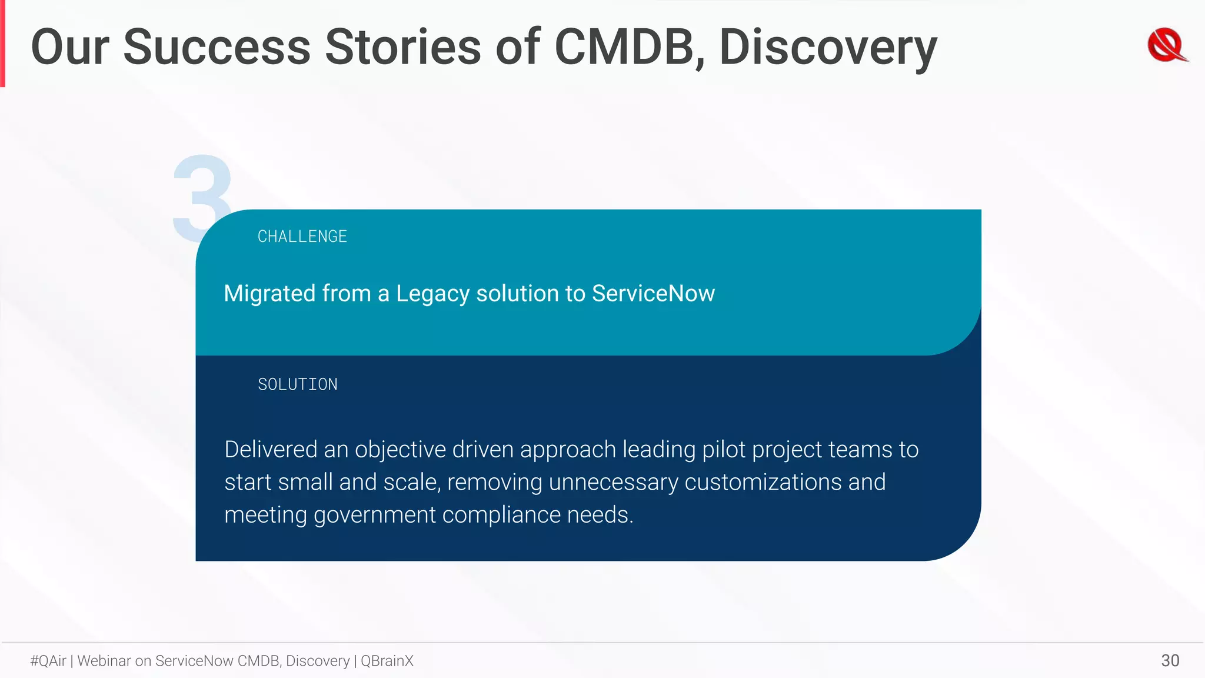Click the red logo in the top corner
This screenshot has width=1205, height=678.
(x=1167, y=45)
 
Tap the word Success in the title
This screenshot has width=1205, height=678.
(x=217, y=47)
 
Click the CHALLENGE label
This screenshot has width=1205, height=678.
(x=302, y=237)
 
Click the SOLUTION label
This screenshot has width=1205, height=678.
(x=298, y=385)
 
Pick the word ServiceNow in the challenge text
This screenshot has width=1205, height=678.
(x=653, y=293)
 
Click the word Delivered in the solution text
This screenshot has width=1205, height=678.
(x=271, y=450)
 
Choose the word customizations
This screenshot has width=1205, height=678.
(x=763, y=483)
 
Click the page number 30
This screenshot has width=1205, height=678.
(x=1170, y=660)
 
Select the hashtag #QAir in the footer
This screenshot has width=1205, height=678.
(x=48, y=661)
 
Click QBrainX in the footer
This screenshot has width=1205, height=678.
(x=387, y=661)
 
